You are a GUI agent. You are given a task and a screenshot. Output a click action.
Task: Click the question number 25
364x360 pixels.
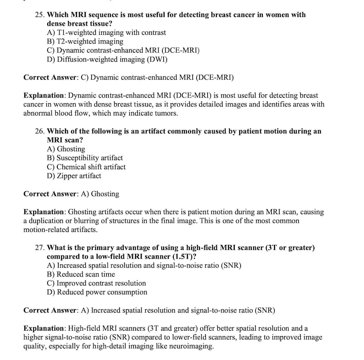point(40,15)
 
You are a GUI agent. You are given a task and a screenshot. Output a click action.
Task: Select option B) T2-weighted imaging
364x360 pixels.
point(85,42)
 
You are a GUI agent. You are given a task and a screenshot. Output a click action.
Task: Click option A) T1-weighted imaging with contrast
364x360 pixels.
point(106,33)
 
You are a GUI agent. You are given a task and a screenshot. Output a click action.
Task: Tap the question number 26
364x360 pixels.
point(40,131)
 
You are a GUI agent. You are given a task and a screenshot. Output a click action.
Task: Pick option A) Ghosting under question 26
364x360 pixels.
point(66,149)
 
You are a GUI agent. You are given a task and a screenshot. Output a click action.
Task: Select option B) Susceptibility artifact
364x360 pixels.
point(85,158)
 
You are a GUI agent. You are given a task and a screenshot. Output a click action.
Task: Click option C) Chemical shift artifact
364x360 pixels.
point(86,167)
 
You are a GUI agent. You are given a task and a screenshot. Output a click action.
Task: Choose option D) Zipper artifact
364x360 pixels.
point(74,176)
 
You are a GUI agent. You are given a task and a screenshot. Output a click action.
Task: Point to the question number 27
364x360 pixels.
point(40,248)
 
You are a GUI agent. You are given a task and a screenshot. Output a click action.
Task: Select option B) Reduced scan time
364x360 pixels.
point(81,274)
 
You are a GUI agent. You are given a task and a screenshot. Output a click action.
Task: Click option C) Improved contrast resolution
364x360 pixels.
point(96,283)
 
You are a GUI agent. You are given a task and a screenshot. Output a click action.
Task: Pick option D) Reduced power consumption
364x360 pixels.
point(97,292)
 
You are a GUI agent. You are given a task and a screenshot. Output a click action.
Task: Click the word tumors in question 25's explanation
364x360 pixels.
point(166,113)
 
